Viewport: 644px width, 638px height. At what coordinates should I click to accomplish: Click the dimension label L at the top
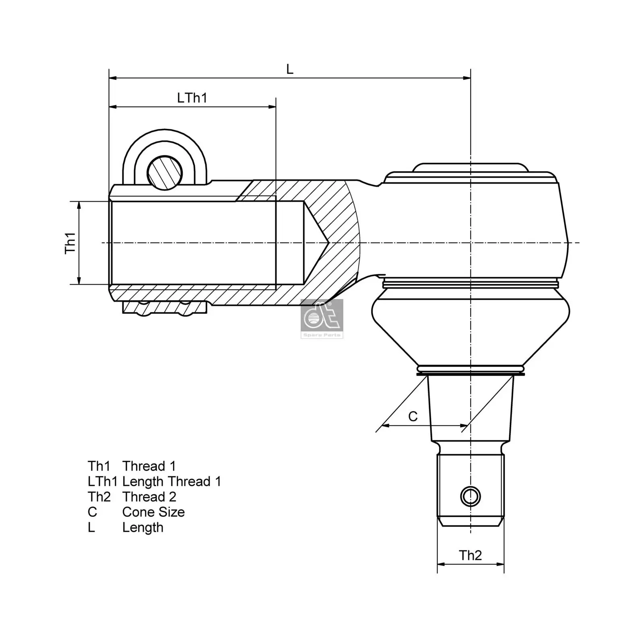[289, 69]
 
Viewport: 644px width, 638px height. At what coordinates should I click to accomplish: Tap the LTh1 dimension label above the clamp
[192, 98]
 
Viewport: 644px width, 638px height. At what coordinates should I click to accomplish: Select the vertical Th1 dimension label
[70, 243]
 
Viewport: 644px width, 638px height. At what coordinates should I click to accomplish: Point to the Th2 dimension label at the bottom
[470, 555]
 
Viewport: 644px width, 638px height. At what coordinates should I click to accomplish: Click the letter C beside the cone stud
[413, 416]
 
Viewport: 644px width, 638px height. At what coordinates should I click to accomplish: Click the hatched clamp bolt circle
[164, 173]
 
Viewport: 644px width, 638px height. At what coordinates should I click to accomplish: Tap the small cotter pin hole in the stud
[470, 496]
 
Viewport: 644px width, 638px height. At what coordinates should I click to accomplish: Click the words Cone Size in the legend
[153, 512]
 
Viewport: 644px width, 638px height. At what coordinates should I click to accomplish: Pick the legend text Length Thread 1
[171, 481]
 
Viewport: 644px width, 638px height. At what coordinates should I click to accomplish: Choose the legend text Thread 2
[149, 497]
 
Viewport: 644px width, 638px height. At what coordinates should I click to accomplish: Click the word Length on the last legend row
[143, 527]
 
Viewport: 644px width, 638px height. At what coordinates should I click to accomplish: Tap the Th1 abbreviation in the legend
[99, 466]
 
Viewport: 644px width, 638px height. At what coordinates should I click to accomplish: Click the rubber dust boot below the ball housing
[470, 326]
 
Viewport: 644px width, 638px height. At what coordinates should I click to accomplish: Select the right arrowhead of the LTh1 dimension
[272, 107]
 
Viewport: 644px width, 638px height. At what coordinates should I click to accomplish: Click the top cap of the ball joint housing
[470, 168]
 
